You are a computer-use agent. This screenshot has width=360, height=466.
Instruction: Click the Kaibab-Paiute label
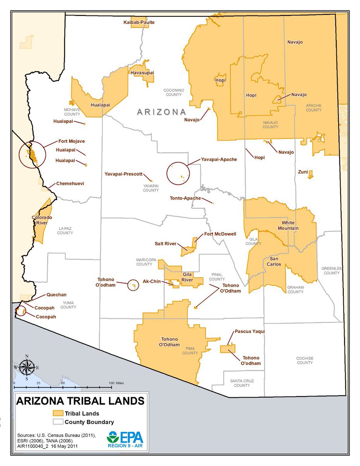(139, 23)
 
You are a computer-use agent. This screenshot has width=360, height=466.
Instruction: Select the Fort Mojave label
(71, 141)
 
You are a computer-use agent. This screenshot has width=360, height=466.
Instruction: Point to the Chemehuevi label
(70, 183)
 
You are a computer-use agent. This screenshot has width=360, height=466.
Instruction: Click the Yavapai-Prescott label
(123, 174)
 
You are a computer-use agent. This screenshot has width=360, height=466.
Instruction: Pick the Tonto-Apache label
(185, 198)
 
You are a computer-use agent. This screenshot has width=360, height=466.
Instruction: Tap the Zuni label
(303, 172)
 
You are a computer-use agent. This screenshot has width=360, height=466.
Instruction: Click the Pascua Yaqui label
(249, 332)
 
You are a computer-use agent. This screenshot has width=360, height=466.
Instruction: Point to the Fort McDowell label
(220, 234)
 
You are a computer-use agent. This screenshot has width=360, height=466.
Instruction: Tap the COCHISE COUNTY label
(305, 360)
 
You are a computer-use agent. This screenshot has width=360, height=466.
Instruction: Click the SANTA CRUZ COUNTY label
(242, 383)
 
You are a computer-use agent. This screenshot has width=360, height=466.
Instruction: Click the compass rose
(27, 367)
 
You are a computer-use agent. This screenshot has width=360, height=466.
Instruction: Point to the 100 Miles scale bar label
(117, 383)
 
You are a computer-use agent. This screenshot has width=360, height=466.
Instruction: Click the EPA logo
(125, 440)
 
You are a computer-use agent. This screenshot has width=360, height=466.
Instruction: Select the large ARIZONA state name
(161, 112)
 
